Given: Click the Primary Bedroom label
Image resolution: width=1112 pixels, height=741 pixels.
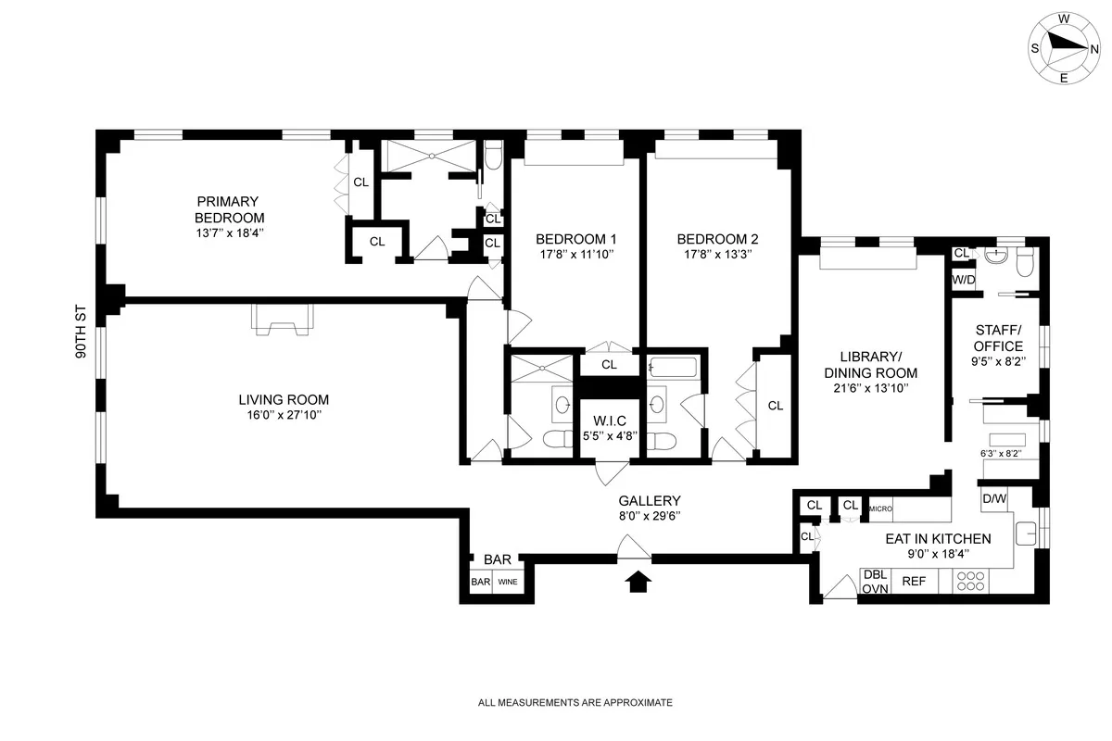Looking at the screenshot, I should tap(228, 209).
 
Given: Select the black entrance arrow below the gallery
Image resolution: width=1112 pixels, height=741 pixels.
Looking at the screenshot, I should tap(638, 581).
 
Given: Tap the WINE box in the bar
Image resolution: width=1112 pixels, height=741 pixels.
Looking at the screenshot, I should tap(508, 583).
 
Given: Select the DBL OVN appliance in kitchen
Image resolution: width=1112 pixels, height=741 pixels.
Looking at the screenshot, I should tap(875, 581).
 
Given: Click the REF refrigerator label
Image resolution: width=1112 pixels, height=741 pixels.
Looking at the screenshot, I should tap(914, 582).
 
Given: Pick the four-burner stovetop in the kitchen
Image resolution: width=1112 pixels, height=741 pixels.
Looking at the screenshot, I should tap(970, 581).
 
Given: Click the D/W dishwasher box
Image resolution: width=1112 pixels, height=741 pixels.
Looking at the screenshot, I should tap(993, 499).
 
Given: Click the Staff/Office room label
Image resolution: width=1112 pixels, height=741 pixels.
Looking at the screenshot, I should tap(998, 338).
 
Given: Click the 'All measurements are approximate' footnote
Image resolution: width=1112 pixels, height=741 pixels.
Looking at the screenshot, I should tap(575, 703).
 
